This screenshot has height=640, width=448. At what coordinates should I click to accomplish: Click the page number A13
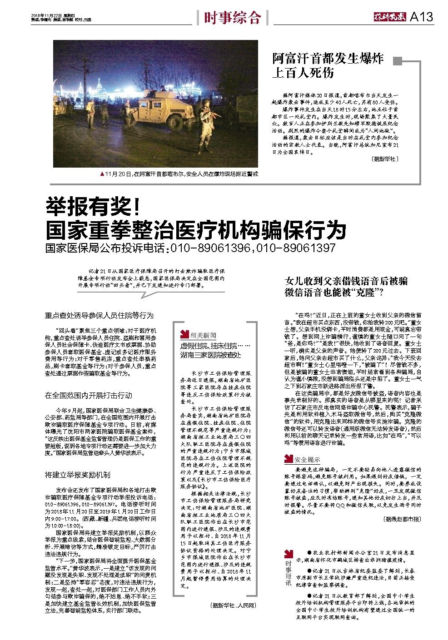(421, 17)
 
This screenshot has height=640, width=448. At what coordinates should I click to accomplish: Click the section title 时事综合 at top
(232, 17)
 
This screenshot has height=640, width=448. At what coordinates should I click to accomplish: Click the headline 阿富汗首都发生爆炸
(328, 58)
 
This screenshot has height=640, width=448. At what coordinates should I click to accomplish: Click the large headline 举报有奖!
(93, 208)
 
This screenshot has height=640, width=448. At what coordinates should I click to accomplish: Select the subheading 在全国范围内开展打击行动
(89, 395)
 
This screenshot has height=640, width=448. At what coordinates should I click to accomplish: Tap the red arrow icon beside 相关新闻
(184, 335)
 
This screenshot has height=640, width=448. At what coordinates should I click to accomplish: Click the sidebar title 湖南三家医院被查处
(210, 354)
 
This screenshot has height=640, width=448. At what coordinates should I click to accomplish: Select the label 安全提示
(307, 459)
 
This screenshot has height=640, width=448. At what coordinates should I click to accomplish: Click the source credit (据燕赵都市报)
(402, 519)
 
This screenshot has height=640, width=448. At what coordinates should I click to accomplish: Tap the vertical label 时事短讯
(288, 575)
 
